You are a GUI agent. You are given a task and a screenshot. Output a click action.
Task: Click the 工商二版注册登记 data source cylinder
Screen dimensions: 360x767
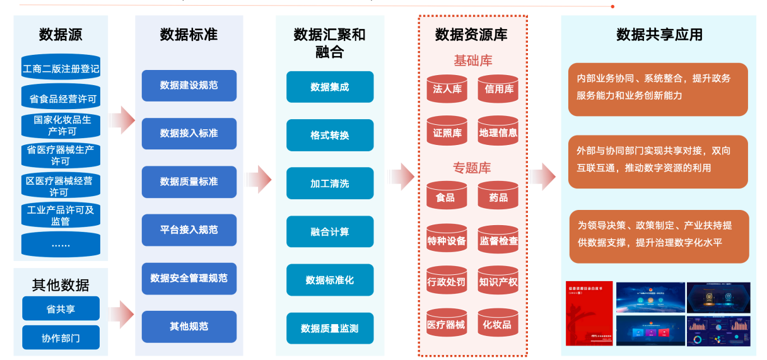coord(61,69)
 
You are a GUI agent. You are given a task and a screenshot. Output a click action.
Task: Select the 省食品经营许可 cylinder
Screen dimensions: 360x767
coord(61,98)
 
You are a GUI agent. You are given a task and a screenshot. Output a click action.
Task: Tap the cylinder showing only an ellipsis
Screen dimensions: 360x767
coord(61,244)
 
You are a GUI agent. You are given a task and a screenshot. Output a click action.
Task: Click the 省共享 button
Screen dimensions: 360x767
coord(61,309)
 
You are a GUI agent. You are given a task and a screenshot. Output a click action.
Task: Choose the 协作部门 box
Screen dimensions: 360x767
coord(61,338)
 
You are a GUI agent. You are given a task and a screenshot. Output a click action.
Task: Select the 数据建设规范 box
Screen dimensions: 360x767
coord(189,85)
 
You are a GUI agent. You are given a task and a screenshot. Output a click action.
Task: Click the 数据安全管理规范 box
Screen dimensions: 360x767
coord(189,278)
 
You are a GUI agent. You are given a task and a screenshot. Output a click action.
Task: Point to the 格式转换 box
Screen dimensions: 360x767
coord(329,135)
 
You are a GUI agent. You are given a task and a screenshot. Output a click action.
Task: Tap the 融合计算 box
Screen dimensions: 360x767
coord(329,231)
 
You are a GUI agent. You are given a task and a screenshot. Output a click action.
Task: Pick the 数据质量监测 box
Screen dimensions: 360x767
coord(329,328)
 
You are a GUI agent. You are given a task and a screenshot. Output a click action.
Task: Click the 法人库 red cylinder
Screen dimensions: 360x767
coord(447,89)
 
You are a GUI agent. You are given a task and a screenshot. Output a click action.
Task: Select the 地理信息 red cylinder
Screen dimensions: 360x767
coord(498,132)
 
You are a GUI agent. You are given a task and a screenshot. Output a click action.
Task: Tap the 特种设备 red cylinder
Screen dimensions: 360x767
coord(447,240)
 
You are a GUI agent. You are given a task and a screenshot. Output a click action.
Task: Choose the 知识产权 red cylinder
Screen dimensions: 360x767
coord(498,282)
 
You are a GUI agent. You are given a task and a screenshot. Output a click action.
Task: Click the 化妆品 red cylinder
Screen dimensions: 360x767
coord(498,325)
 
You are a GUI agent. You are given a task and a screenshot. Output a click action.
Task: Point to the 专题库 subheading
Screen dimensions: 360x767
coord(472,168)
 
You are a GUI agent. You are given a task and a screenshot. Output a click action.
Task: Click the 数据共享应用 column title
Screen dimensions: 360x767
coord(659,34)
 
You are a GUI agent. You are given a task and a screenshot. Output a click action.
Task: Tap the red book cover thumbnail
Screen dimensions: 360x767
coord(588,314)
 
